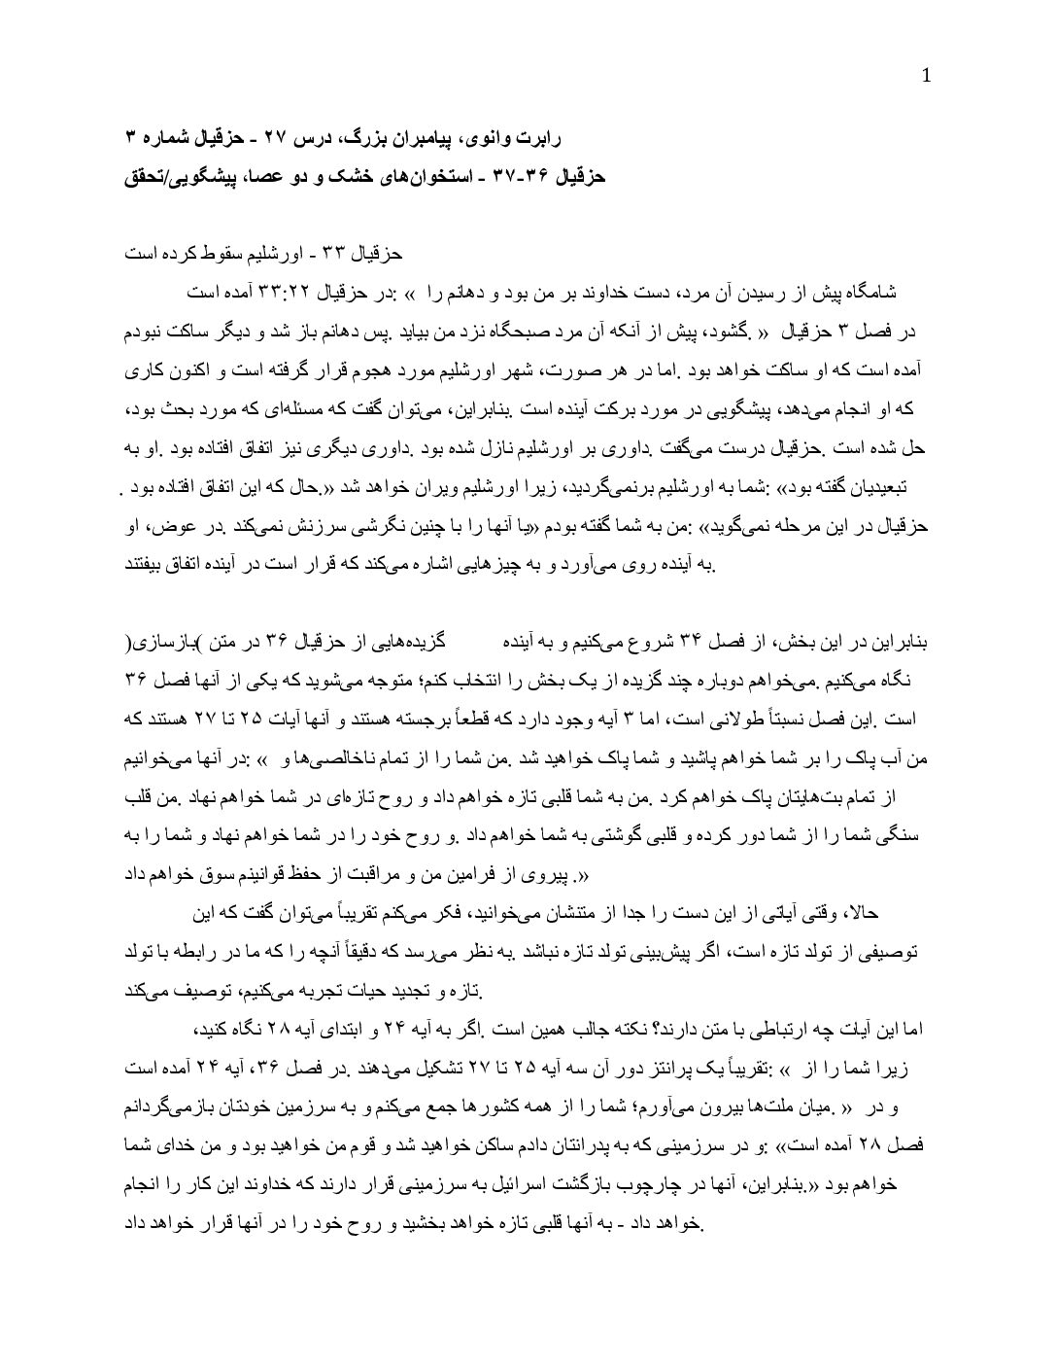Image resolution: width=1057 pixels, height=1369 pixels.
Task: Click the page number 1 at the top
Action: pyautogui.click(x=926, y=77)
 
